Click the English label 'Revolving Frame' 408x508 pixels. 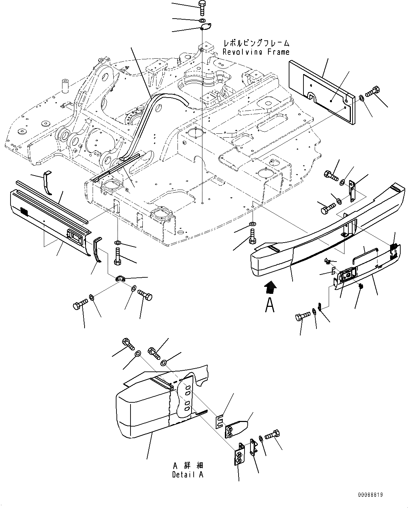[x=256, y=52]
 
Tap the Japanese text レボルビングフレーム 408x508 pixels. [x=256, y=43]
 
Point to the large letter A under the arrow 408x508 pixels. [x=270, y=305]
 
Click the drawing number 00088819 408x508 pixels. [x=370, y=495]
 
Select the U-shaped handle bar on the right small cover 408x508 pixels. [x=365, y=255]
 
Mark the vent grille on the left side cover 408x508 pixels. [x=24, y=211]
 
